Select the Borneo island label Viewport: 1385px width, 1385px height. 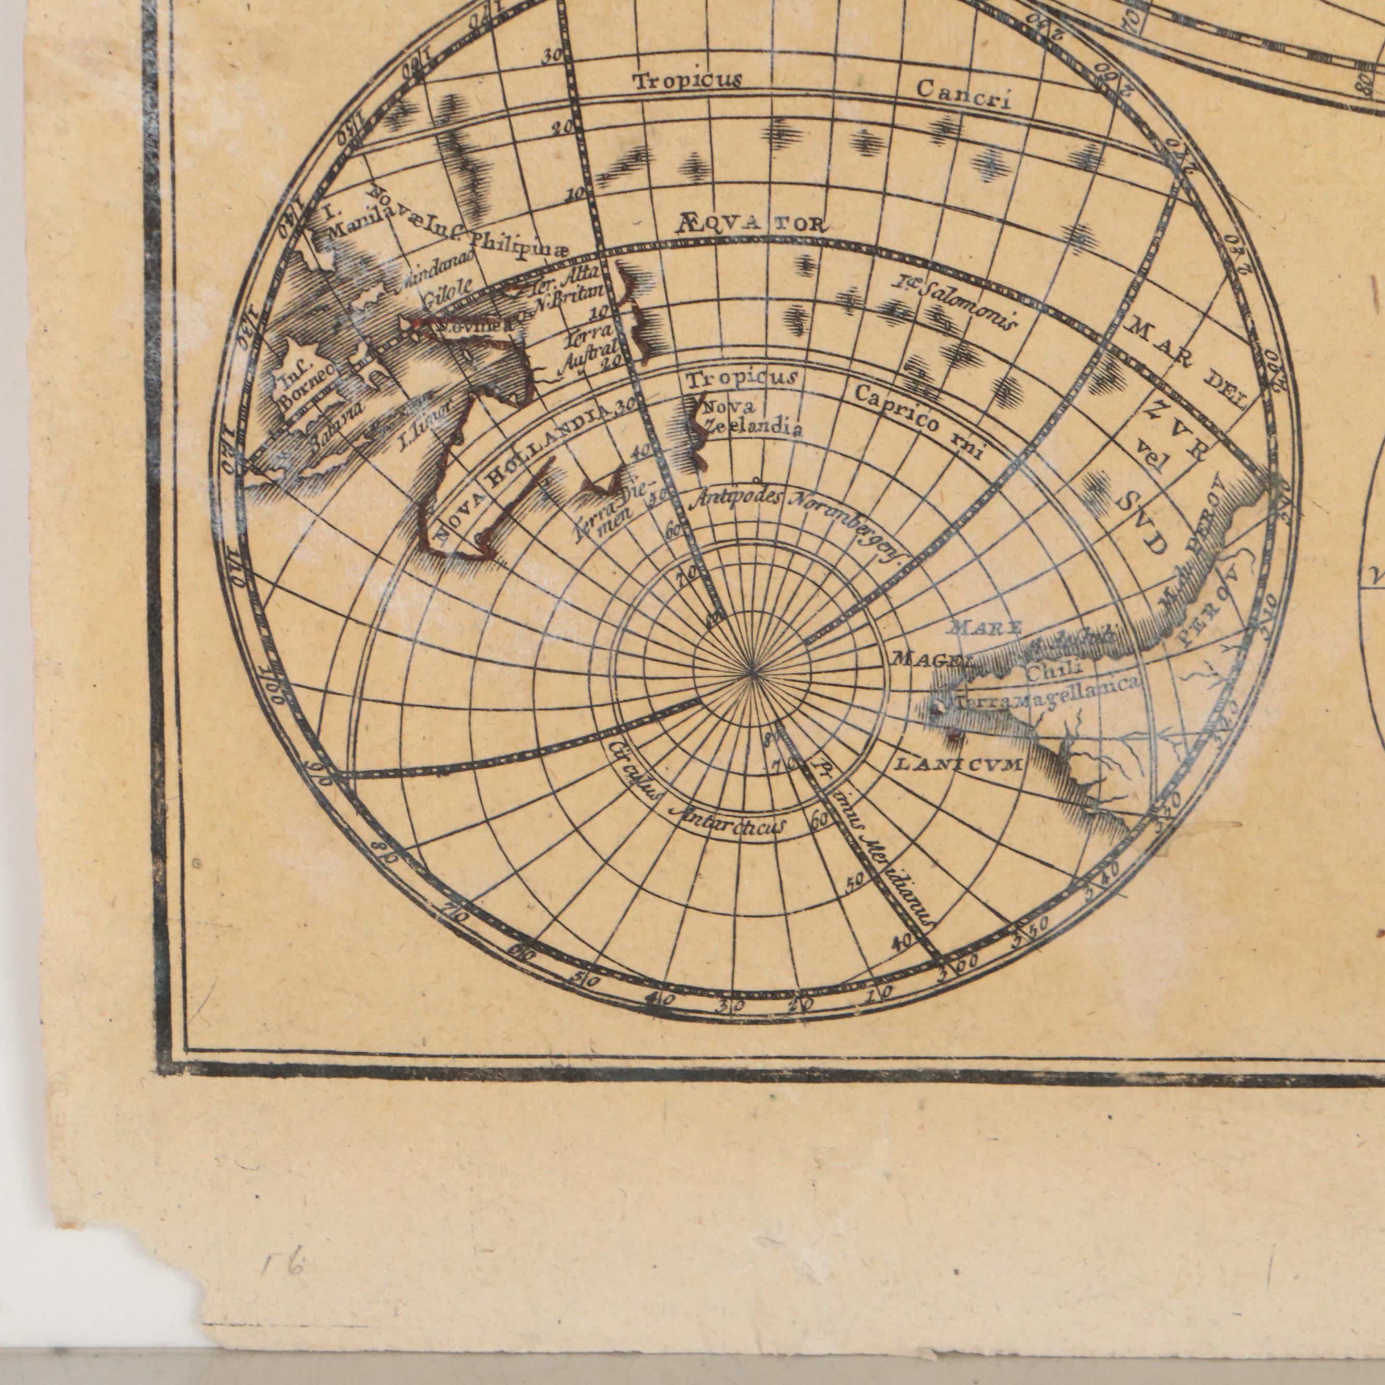point(305,383)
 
